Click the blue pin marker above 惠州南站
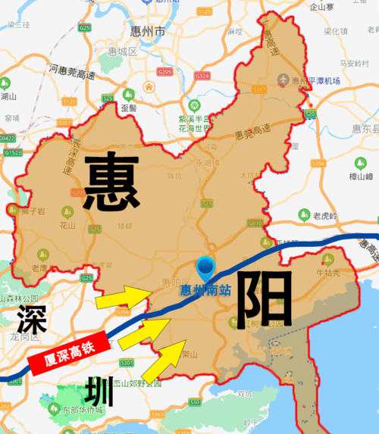click(x=205, y=267)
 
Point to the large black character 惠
click(x=112, y=182)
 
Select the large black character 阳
click(x=263, y=298)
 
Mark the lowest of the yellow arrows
click(x=163, y=361)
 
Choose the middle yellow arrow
click(x=144, y=330)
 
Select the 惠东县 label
click(x=364, y=130)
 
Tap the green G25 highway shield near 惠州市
click(x=84, y=28)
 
